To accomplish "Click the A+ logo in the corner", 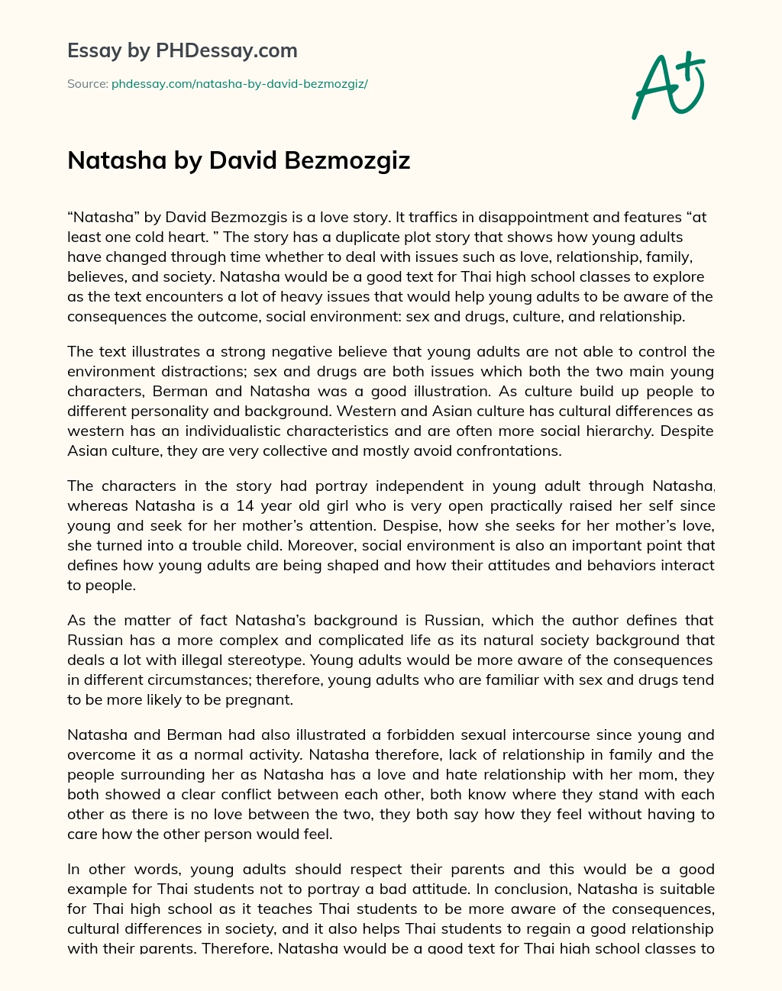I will click(x=667, y=85).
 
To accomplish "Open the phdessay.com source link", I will click(x=239, y=84).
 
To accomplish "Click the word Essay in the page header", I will click(x=94, y=51).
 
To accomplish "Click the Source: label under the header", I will click(x=87, y=84).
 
